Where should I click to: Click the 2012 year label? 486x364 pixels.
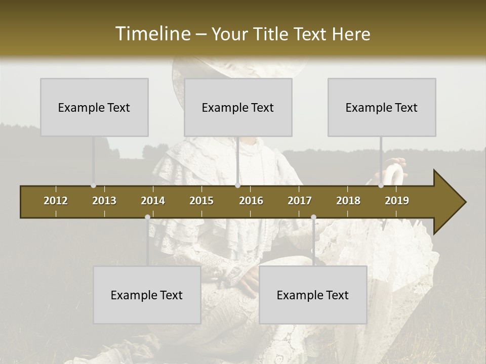pos(56,201)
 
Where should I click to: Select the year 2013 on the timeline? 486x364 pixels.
pos(104,201)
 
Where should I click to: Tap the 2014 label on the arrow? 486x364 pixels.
pos(153,201)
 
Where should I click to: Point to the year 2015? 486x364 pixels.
pos(201,201)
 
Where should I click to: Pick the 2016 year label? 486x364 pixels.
pos(251,201)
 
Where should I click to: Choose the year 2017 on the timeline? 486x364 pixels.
pos(300,201)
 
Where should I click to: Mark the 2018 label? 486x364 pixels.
pos(348,201)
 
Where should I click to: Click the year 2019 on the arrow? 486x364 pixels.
pos(397,201)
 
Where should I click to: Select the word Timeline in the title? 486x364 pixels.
pos(152,34)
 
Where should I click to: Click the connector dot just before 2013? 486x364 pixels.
pos(93,186)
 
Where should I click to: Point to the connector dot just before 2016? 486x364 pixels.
pos(237,186)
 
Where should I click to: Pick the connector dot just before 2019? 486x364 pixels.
pos(381,186)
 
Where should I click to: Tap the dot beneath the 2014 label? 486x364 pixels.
pos(147,217)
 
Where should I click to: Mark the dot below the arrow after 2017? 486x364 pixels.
pos(313,217)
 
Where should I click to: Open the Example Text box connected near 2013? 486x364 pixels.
pos(94,107)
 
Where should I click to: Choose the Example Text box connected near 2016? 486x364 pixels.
pos(238,107)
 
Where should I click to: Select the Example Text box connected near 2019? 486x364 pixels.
pos(382,107)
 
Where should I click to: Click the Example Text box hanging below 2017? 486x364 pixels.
pos(313,295)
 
